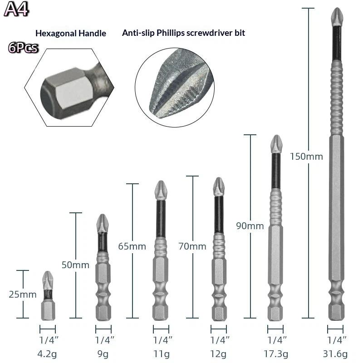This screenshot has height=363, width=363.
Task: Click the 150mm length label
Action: click(x=306, y=157)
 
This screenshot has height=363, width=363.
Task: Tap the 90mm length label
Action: click(x=250, y=226)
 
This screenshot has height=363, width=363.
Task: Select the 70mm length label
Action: click(x=192, y=246)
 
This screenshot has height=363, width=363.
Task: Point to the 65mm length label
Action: click(x=132, y=246)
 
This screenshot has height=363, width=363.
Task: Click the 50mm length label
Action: click(x=75, y=265)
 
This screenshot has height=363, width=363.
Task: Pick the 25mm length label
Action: click(x=23, y=294)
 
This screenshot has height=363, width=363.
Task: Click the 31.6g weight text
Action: click(x=335, y=354)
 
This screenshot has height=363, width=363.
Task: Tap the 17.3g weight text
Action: click(x=276, y=354)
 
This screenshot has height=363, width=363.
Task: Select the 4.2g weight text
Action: click(x=47, y=354)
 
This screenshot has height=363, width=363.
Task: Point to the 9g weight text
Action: click(x=103, y=354)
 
